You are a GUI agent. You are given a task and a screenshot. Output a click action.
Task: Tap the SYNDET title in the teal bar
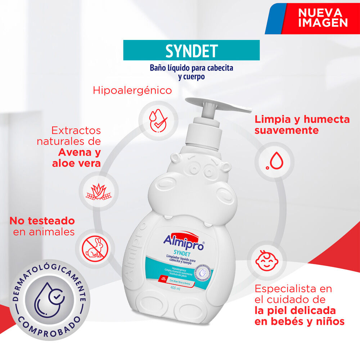[x=192, y=50]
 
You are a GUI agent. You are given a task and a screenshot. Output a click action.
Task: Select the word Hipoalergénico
[x=132, y=90]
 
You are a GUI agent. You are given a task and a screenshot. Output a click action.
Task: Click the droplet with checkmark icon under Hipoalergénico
[x=157, y=118]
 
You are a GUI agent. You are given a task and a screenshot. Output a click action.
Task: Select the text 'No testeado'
[x=42, y=220]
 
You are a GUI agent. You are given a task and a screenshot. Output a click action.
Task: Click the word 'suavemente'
[x=287, y=130]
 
